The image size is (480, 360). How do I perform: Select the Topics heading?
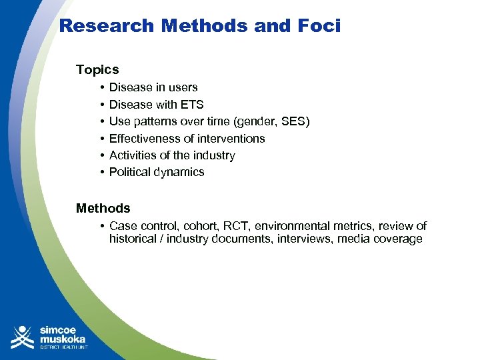click(97, 69)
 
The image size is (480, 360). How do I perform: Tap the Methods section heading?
click(103, 208)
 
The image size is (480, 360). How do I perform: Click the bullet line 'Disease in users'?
click(153, 87)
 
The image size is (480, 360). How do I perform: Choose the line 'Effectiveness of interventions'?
click(187, 139)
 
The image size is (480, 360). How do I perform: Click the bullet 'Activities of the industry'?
click(172, 155)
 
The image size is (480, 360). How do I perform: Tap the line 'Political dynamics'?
click(157, 172)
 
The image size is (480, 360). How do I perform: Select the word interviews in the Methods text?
click(306, 239)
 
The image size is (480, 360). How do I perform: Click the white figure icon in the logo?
click(23, 337)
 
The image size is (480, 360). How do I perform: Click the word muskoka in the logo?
click(64, 338)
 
